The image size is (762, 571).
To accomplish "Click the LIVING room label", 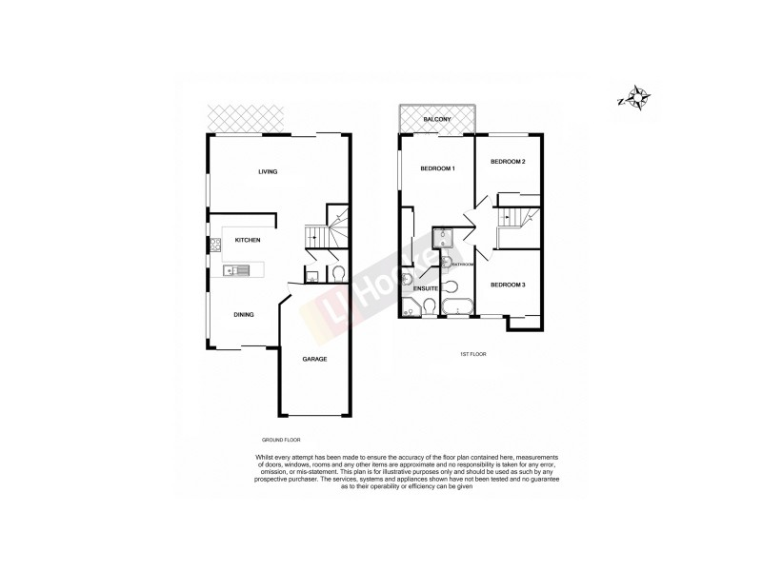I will point(267,172).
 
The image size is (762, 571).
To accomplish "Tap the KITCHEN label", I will point(248,240).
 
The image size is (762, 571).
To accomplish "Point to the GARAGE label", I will point(314,359).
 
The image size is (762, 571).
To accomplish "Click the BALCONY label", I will point(436,120).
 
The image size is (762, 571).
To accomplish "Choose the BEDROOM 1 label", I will point(438,168).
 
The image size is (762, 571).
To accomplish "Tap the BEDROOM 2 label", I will point(508,162).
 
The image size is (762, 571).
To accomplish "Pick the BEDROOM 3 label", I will point(508,285).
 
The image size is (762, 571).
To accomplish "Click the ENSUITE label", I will point(426,287).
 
